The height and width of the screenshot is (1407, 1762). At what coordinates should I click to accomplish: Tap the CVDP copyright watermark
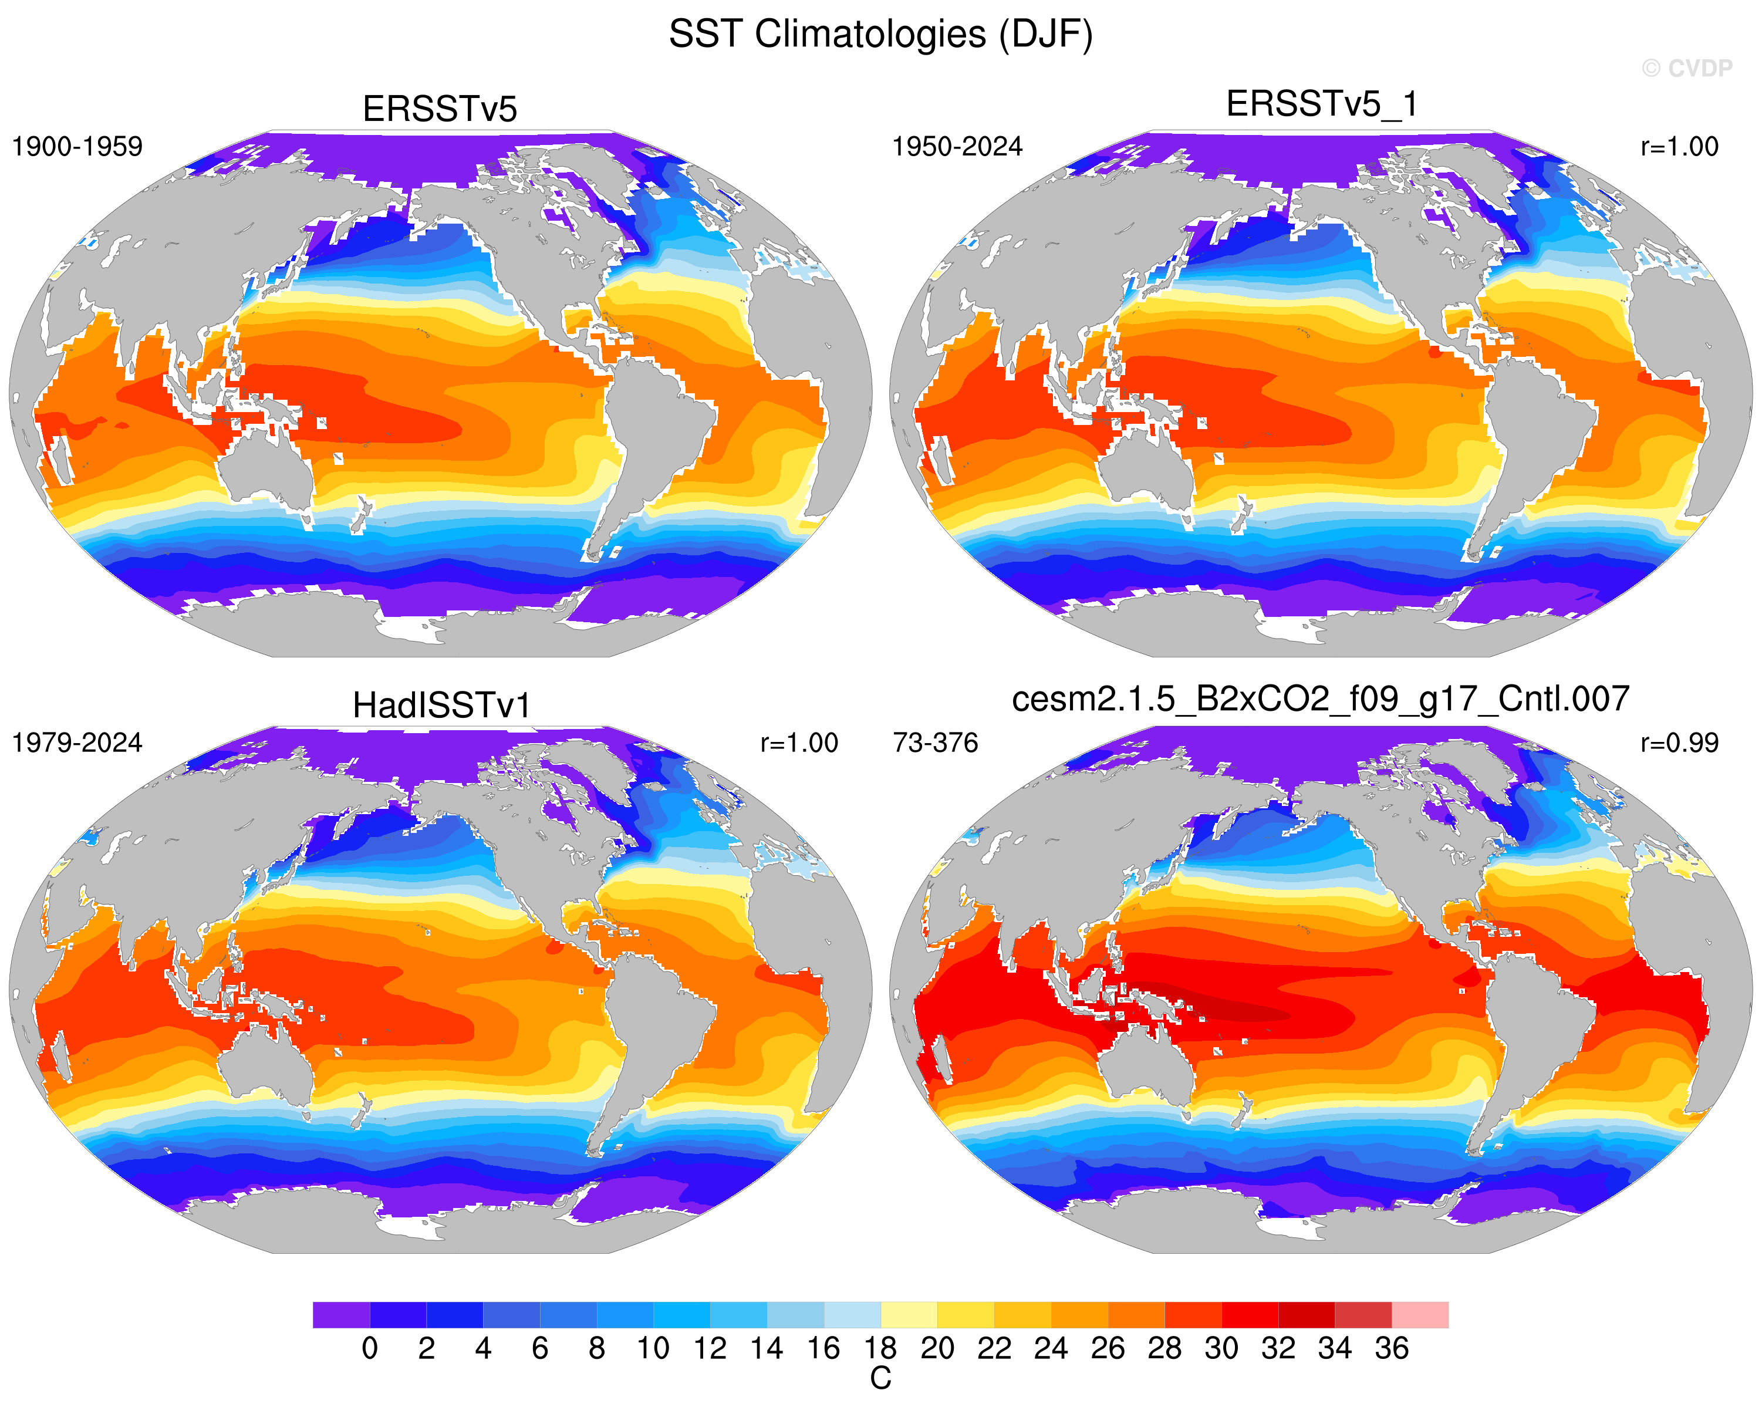click(x=1687, y=69)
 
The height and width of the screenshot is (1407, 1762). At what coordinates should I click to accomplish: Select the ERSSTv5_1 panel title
click(x=1322, y=104)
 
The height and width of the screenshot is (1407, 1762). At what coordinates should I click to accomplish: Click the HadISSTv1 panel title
click(x=441, y=706)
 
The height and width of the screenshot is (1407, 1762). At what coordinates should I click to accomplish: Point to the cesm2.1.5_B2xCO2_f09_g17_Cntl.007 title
click(x=1321, y=700)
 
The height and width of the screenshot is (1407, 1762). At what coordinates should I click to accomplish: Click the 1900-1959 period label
click(x=77, y=147)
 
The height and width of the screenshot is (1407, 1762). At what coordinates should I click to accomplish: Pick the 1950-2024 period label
click(x=957, y=147)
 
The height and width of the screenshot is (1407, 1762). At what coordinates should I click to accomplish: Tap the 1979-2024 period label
click(x=77, y=743)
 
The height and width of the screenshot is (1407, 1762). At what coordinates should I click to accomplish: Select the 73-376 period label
click(x=935, y=743)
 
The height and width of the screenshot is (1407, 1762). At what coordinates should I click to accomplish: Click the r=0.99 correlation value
click(x=1679, y=743)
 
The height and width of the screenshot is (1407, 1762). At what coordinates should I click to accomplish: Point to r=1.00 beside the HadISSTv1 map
click(x=799, y=743)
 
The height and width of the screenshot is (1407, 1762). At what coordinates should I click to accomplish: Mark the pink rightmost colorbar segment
click(x=1420, y=1315)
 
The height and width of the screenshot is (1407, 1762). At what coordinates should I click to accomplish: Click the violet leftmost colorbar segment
click(x=341, y=1315)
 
